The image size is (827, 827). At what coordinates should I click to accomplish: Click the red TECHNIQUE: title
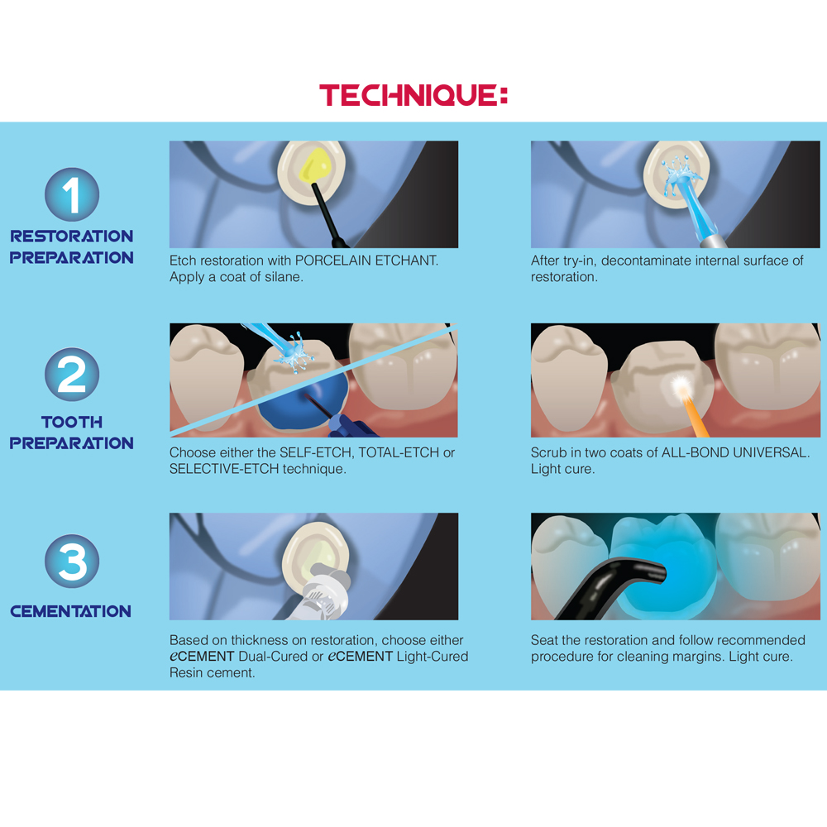(x=413, y=95)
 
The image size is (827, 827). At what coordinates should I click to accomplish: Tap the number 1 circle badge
(x=72, y=194)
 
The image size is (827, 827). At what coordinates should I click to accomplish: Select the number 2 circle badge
(x=72, y=375)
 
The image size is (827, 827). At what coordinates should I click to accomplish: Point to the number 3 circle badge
(x=72, y=561)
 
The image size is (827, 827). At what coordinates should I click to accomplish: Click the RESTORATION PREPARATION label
(x=72, y=246)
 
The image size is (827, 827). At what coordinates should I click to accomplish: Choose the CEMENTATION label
(x=70, y=611)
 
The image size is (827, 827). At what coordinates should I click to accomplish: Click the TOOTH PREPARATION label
(x=72, y=433)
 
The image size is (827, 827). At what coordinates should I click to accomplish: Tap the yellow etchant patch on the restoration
(x=315, y=165)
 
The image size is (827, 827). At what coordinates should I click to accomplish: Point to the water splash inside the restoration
(x=681, y=173)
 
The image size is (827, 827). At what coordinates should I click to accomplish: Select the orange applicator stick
(x=695, y=417)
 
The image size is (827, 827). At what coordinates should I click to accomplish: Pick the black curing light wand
(x=612, y=588)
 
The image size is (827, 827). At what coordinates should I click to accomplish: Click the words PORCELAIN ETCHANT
(x=366, y=261)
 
